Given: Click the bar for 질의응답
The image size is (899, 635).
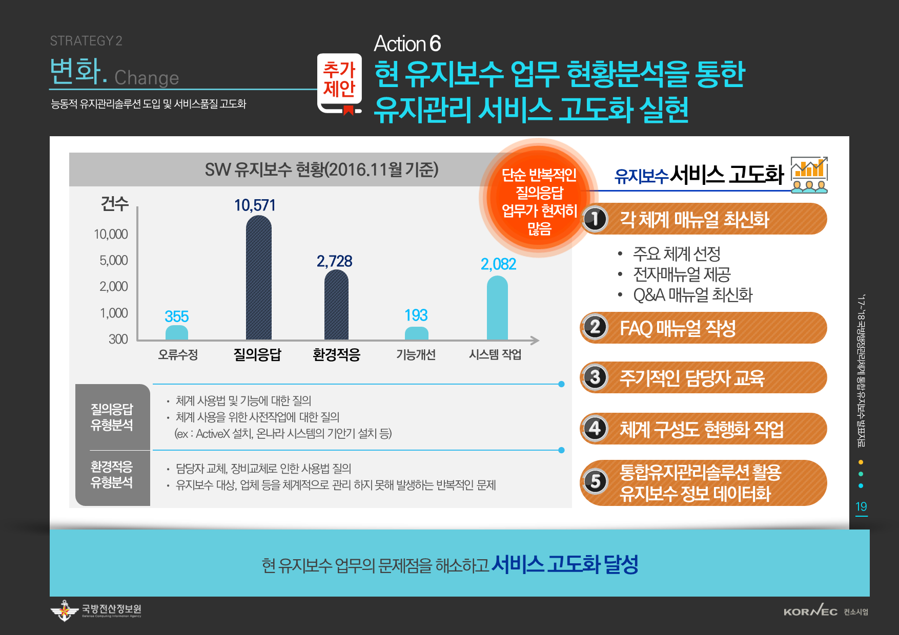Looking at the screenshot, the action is [259, 278].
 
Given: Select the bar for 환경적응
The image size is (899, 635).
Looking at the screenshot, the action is [337, 305].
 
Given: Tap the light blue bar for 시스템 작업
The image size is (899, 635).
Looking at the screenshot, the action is [497, 308].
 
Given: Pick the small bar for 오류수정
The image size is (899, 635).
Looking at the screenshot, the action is [177, 332].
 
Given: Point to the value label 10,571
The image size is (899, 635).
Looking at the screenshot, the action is [255, 205].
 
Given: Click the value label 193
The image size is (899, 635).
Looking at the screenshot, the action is [416, 315].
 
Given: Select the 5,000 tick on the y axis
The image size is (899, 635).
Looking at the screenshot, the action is [114, 260].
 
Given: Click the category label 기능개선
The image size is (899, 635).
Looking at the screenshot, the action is [416, 354].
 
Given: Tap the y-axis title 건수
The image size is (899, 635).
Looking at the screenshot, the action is [114, 203].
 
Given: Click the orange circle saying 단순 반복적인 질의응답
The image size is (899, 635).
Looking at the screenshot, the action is [539, 199].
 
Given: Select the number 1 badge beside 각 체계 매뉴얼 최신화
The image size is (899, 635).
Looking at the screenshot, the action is [595, 219].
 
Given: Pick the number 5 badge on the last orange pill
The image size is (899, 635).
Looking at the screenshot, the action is [595, 481].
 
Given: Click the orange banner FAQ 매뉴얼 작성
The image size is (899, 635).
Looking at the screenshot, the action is [704, 328].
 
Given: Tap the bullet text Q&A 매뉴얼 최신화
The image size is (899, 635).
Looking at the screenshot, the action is [692, 295].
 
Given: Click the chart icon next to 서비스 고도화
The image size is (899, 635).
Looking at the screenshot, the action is [809, 175].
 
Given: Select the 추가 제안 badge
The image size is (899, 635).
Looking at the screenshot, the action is [339, 84].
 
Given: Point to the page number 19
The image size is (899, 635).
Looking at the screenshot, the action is [861, 506].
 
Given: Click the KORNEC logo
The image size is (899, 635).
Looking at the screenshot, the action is [810, 611].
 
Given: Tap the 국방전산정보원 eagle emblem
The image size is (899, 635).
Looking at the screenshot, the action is [65, 610].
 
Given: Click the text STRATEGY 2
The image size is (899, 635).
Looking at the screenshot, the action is [86, 41].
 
